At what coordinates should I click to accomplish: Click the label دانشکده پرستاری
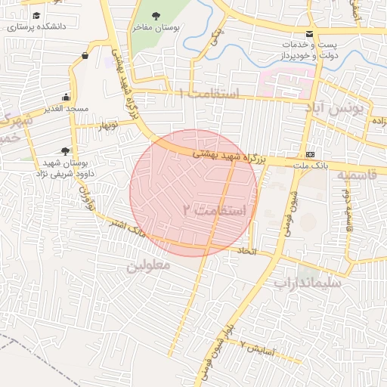tap(36, 27)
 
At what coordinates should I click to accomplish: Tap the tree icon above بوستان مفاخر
tap(156, 16)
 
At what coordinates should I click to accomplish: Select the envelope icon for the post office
tap(309, 34)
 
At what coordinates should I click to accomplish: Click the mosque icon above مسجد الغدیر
tap(67, 97)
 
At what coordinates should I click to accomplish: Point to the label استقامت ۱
tap(209, 94)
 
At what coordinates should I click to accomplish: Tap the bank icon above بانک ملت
tap(309, 154)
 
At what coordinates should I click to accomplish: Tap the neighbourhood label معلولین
tap(148, 265)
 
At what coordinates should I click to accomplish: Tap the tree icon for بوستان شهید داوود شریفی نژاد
tap(65, 151)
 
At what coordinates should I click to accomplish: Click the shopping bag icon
tap(85, 56)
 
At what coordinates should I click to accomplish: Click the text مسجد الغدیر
tap(67, 109)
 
